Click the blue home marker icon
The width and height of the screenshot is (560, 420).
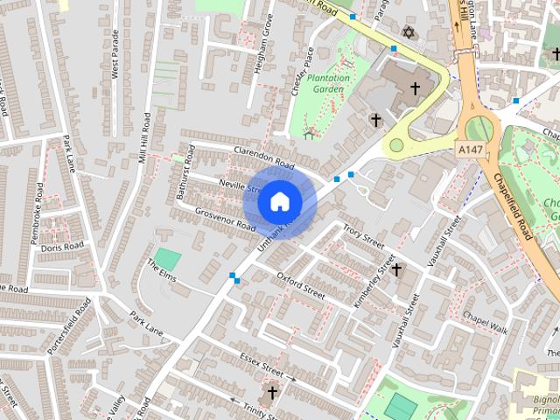coord(279,201)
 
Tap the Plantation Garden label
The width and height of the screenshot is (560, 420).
coord(329,83)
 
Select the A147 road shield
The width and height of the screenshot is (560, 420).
coord(469,150)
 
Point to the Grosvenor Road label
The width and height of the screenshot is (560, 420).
coord(225,219)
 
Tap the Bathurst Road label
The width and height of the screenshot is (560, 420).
coord(185,177)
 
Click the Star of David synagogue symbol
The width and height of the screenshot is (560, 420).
coord(406,32)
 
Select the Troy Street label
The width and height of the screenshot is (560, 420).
coord(364,236)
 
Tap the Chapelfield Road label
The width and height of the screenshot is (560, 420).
coord(514,205)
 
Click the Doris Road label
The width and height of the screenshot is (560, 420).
coord(62,248)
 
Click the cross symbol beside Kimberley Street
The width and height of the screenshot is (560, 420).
coord(396,269)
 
